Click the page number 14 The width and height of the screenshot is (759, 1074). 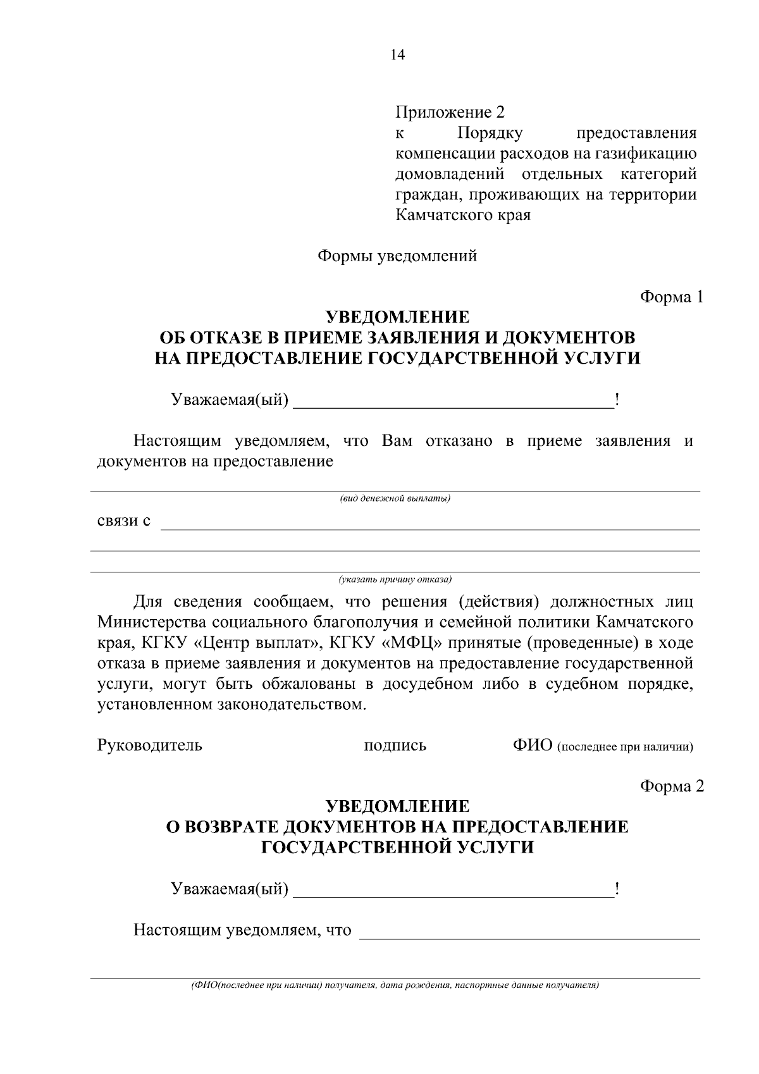click(397, 54)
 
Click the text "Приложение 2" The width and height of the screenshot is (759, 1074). click(450, 113)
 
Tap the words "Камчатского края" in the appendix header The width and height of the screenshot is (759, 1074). click(462, 215)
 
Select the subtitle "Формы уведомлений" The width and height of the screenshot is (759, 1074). click(397, 256)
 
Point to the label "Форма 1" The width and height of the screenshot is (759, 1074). click(671, 297)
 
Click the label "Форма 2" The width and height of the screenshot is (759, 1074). click(671, 786)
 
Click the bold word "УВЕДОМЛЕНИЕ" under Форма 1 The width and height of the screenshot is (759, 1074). click(397, 316)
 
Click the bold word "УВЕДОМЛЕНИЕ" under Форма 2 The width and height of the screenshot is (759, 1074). click(397, 806)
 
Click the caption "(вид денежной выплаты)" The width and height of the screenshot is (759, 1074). click(395, 499)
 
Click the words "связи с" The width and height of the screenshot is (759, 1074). click(124, 521)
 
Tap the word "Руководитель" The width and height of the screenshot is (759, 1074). click(150, 745)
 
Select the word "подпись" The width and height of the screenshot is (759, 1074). click(395, 746)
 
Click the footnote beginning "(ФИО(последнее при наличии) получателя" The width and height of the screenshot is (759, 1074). click(395, 986)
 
